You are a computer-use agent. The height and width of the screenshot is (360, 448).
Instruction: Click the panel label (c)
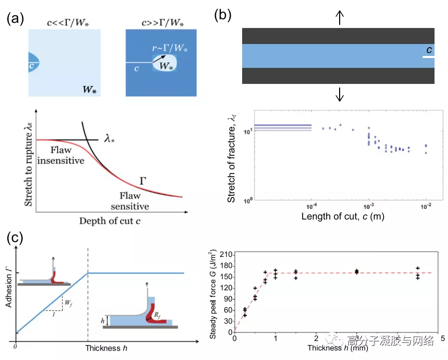15,239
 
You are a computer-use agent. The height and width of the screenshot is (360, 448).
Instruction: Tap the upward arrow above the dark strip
340,18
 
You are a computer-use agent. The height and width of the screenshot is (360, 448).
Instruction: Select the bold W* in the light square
89,89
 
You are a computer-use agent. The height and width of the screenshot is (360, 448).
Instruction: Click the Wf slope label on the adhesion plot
67,299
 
